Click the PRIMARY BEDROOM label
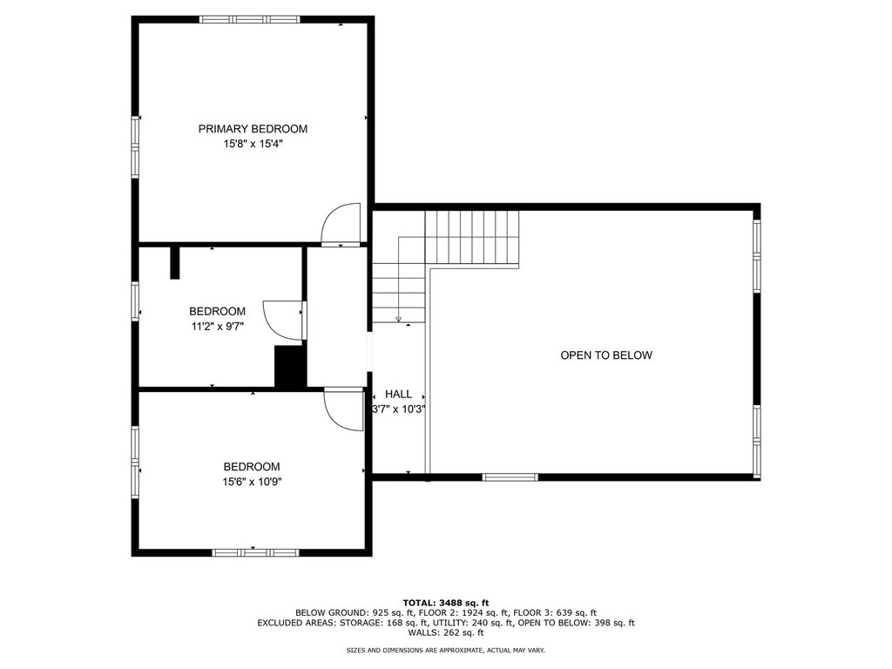coord(253,129)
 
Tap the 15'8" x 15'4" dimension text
coord(253,145)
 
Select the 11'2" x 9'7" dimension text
coord(217,327)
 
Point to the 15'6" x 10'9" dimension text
coord(252,483)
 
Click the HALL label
coord(398,395)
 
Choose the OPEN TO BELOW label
coord(606,355)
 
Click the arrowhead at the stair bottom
coord(398,319)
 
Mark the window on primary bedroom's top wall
coord(250,19)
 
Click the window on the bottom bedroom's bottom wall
coord(255,552)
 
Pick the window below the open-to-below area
coord(510,477)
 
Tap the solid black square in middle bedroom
coord(290,367)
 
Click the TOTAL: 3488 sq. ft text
coord(446,603)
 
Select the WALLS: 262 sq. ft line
coord(446,632)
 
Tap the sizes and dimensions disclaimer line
coord(446,650)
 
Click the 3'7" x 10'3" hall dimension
coord(398,409)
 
